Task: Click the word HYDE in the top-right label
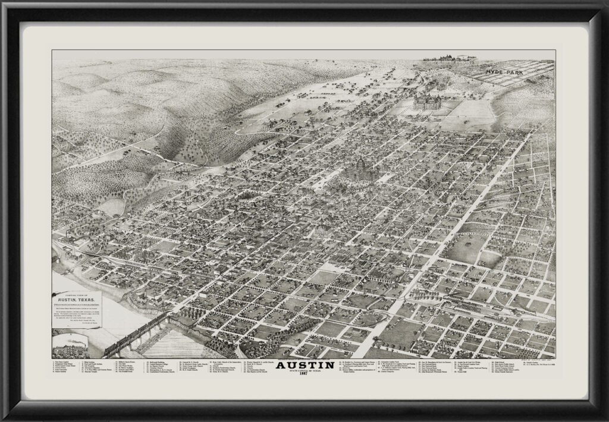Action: coord(494,72)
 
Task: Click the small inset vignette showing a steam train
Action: coord(70,345)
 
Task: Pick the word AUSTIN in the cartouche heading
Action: coord(64,298)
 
